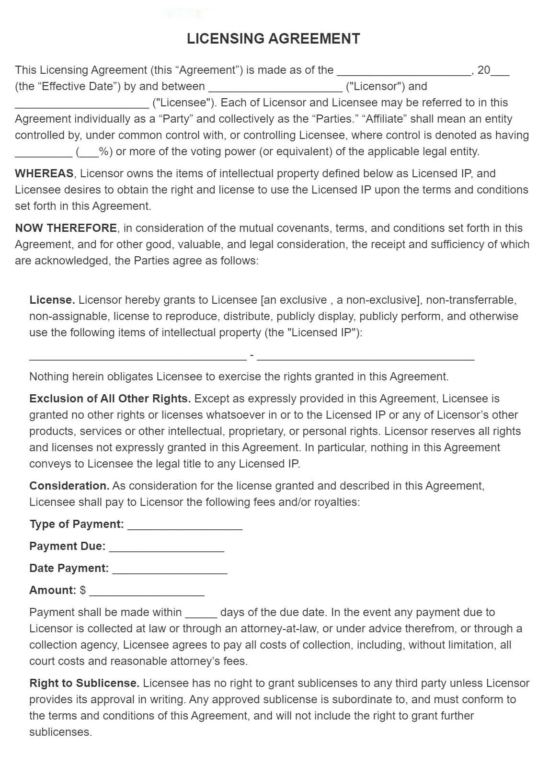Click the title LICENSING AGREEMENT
click(x=274, y=39)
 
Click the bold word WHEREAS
click(x=44, y=173)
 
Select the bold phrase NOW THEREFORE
click(x=66, y=228)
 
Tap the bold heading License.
click(x=52, y=300)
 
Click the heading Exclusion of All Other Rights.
click(x=110, y=399)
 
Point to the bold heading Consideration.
click(x=69, y=486)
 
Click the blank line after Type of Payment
click(x=185, y=526)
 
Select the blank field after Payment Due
click(x=166, y=548)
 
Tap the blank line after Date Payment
click(x=170, y=570)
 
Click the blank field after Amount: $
click(x=147, y=592)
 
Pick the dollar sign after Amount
click(x=83, y=590)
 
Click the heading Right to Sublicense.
click(x=84, y=683)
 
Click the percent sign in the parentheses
click(x=103, y=152)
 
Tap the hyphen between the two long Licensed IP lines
click(x=252, y=356)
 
